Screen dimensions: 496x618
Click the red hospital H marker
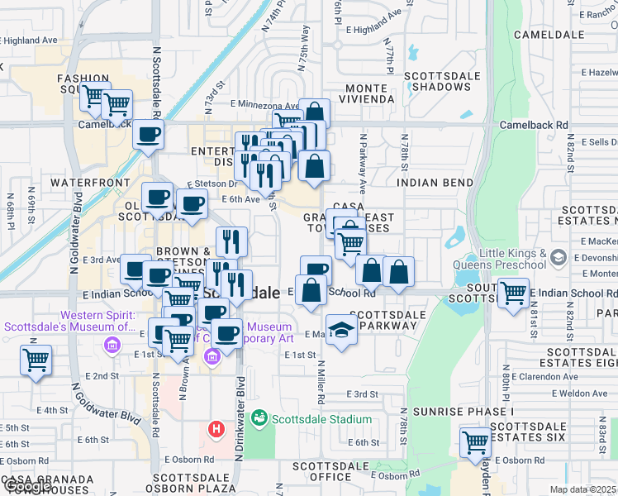pos(216,430)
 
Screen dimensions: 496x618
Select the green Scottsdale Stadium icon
pos(260,418)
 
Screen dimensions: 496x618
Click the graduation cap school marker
pos(341,330)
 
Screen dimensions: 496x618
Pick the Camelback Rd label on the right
pos(534,125)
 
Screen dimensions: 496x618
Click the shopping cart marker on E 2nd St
pos(36,360)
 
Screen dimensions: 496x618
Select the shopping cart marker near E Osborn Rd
pos(475,442)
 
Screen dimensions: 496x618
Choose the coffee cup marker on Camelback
pos(148,134)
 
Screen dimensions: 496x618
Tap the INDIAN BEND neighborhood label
pos(435,183)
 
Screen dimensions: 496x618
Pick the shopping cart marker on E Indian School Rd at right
pos(512,292)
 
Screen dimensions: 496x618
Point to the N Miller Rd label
pos(319,377)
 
